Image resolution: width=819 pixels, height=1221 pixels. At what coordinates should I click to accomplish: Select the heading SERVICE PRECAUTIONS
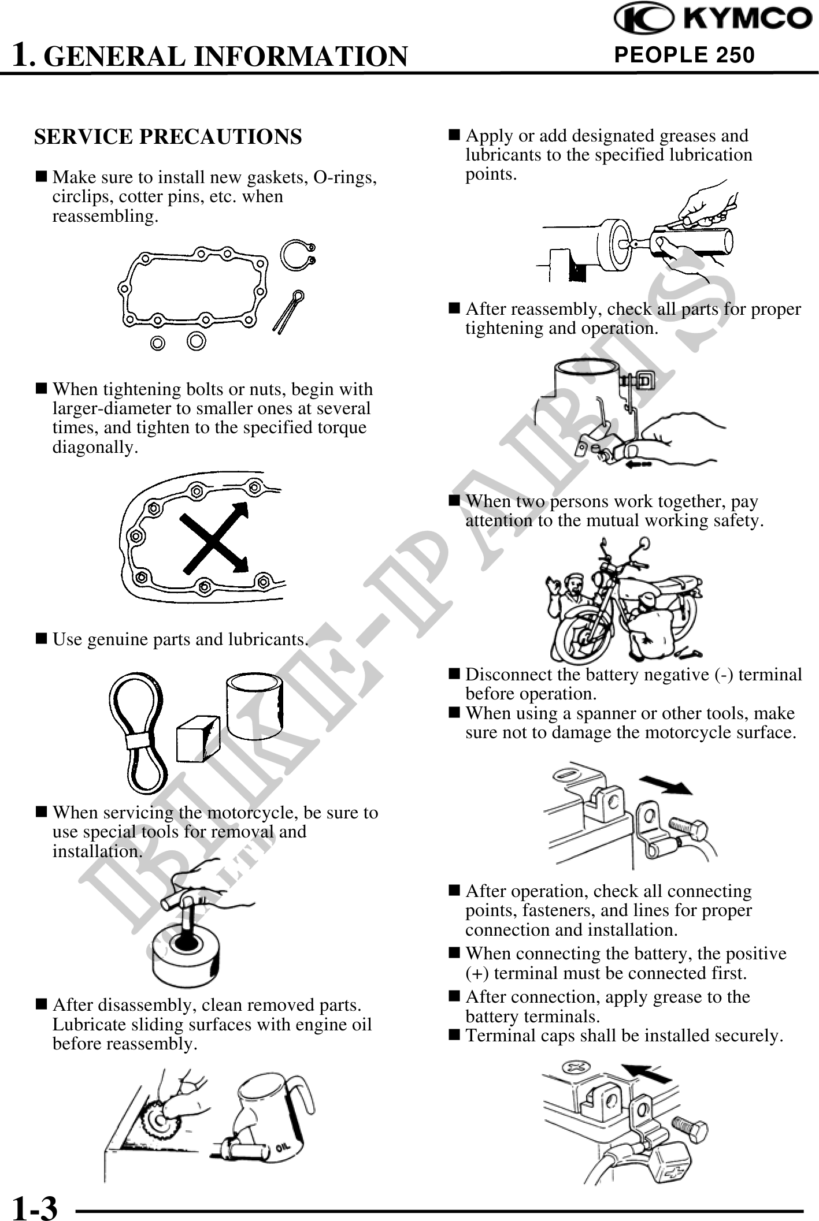(x=168, y=137)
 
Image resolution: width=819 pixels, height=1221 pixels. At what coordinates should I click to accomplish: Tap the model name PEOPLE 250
(x=684, y=55)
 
